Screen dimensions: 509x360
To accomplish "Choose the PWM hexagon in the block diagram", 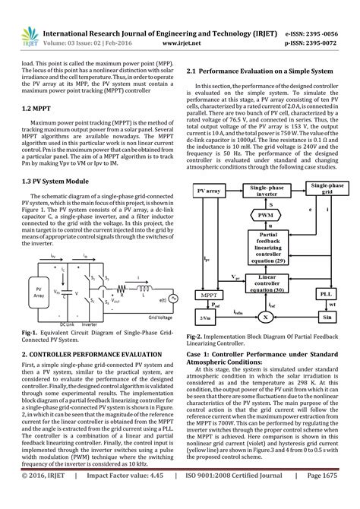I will [267, 215].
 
